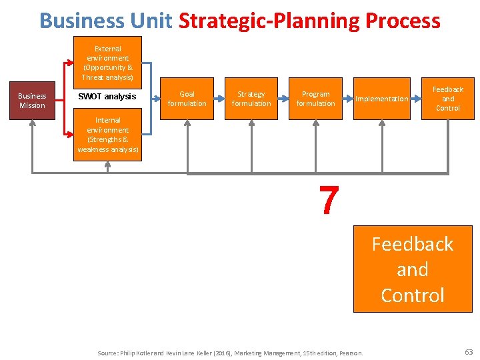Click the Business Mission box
point(32,101)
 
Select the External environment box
point(107,63)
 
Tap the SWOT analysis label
point(107,97)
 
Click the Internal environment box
point(107,135)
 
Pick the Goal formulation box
point(187,99)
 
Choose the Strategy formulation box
point(251,99)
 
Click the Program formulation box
point(315,99)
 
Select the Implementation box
point(381,99)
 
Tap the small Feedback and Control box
point(447,99)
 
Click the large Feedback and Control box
point(412,269)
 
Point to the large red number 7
point(328,200)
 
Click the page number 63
point(467,351)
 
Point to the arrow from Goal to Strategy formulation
point(219,99)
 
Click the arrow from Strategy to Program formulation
point(283,99)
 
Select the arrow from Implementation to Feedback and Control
point(414,99)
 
